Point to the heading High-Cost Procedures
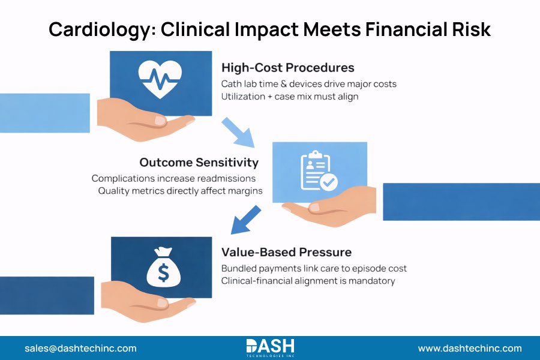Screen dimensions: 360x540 (287, 68)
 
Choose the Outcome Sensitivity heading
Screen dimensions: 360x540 (199, 163)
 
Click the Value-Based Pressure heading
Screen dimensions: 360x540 (286, 252)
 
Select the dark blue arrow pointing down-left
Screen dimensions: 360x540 (246, 220)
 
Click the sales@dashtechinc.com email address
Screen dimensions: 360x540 (80, 348)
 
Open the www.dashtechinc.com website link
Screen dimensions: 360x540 (470, 348)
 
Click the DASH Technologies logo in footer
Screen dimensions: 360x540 (270, 347)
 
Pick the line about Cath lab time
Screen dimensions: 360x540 (308, 84)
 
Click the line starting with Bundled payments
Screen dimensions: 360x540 (314, 268)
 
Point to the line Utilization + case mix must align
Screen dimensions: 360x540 (290, 97)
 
